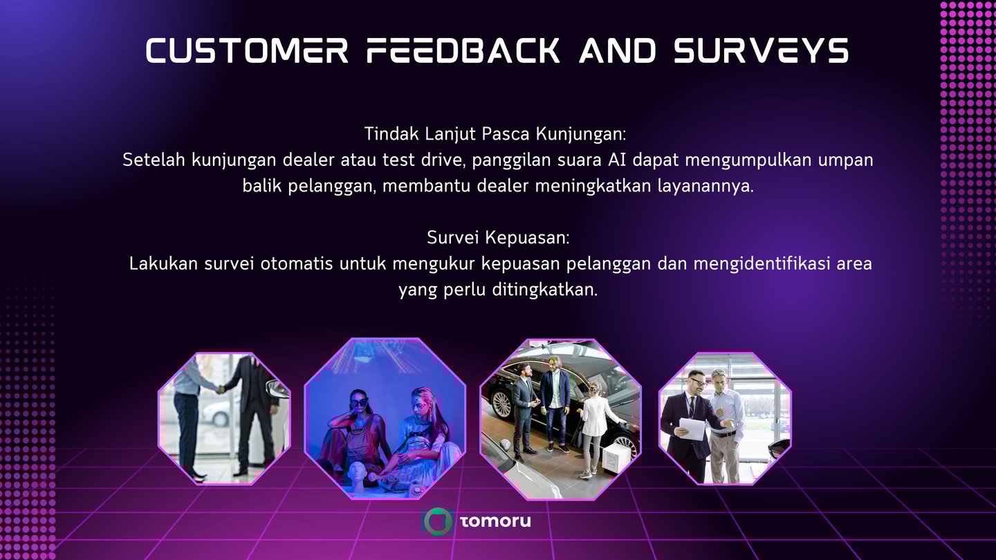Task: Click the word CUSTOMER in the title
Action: pyautogui.click(x=247, y=50)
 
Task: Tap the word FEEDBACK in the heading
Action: pyautogui.click(x=463, y=50)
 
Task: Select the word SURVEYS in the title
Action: pyautogui.click(x=762, y=50)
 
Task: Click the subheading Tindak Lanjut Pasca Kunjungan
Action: pyautogui.click(x=495, y=134)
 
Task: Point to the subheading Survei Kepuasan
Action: pyautogui.click(x=498, y=238)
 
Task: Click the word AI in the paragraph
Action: pyautogui.click(x=617, y=160)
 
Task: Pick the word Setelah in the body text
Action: pyautogui.click(x=154, y=160)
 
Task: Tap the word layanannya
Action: pyautogui.click(x=705, y=186)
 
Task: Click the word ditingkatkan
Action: pyautogui.click(x=545, y=290)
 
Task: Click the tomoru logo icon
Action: pyautogui.click(x=437, y=521)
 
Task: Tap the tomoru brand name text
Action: pyautogui.click(x=495, y=521)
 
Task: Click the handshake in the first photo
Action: pyautogui.click(x=219, y=389)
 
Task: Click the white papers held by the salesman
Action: pyautogui.click(x=692, y=429)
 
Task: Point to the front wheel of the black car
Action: pyautogui.click(x=501, y=404)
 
